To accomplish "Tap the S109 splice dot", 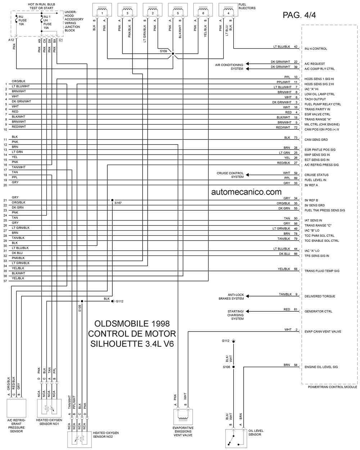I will pos(173,54).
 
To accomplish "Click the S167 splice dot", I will pos(112,200).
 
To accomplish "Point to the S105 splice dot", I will pos(82,301).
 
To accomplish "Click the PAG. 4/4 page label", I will pos(299,15).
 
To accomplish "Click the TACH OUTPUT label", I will pos(315,99).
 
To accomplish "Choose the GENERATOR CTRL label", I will pos(318,311).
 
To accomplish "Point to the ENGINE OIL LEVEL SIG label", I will pos(321,367).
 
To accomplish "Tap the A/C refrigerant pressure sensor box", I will pos(17,408).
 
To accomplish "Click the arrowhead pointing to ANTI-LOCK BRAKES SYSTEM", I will pos(247,296).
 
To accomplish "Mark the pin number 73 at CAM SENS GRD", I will pos(296,138).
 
